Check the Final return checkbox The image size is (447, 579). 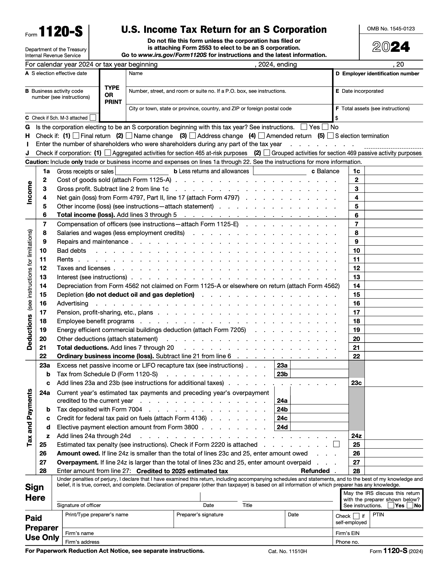76,136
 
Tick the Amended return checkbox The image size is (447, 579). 262,136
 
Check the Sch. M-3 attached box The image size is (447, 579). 94,117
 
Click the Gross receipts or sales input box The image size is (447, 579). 142,171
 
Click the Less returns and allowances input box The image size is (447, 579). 280,171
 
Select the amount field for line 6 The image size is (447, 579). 393,215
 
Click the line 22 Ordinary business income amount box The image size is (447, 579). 393,356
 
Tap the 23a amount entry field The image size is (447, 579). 319,365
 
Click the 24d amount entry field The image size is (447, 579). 319,427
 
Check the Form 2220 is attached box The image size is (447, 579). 336,444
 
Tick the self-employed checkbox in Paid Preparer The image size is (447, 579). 356,516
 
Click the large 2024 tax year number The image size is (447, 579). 391,47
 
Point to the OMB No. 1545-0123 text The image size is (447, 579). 391,29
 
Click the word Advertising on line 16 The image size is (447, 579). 73,303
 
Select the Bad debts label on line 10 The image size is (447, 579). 71,251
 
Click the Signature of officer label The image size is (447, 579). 79,505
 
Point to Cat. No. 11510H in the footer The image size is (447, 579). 287,552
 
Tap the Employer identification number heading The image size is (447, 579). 380,74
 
